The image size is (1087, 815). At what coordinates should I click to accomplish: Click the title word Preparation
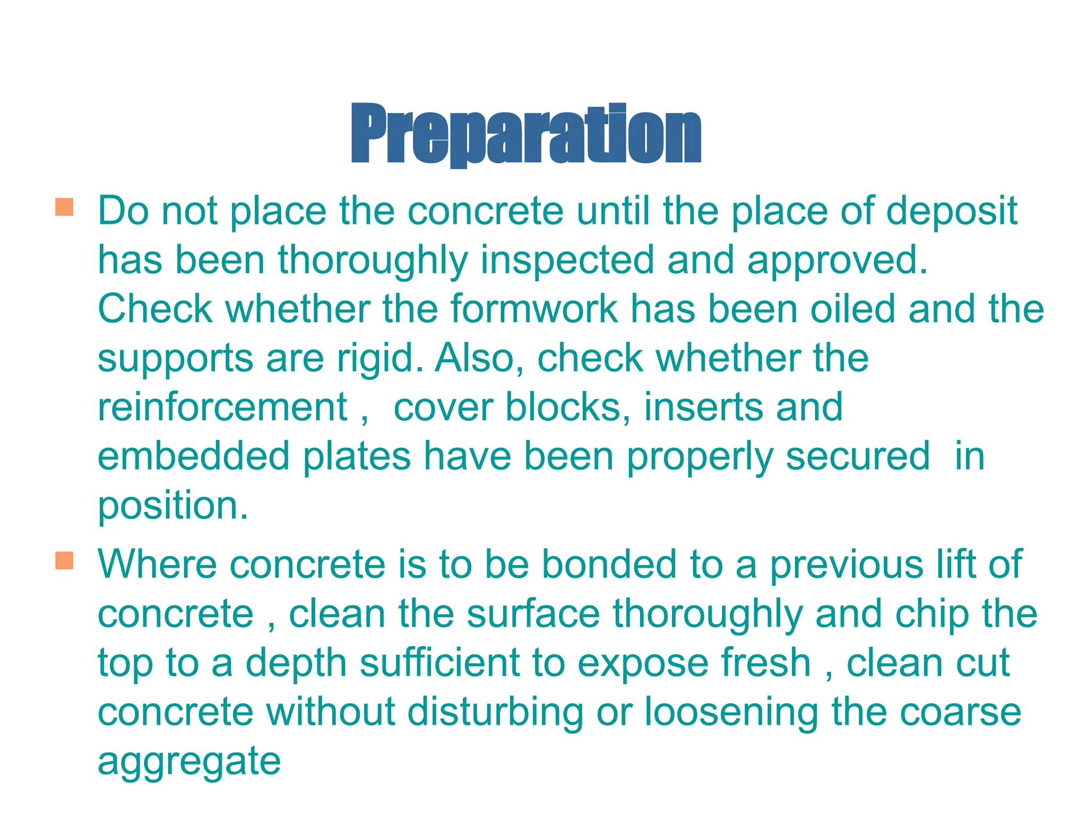click(526, 134)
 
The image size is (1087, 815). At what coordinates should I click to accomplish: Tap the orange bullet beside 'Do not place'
click(64, 207)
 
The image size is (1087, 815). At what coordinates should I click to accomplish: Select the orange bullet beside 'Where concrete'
click(64, 560)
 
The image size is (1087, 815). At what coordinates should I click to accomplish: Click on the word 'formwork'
click(534, 309)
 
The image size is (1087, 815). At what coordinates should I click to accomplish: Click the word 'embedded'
click(193, 456)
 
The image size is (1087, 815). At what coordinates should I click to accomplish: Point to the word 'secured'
click(857, 456)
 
